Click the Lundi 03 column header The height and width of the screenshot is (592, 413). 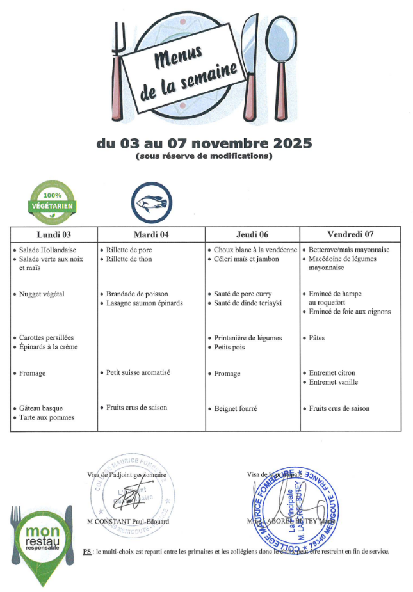(x=54, y=234)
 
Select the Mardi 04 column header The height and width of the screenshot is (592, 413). (x=151, y=234)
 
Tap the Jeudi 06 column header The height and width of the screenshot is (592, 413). (x=252, y=234)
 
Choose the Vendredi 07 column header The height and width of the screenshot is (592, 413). (x=350, y=234)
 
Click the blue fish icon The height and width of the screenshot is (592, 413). (x=152, y=203)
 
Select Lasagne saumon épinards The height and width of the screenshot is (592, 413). (x=145, y=303)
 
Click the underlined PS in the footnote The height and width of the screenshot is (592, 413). (x=88, y=551)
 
